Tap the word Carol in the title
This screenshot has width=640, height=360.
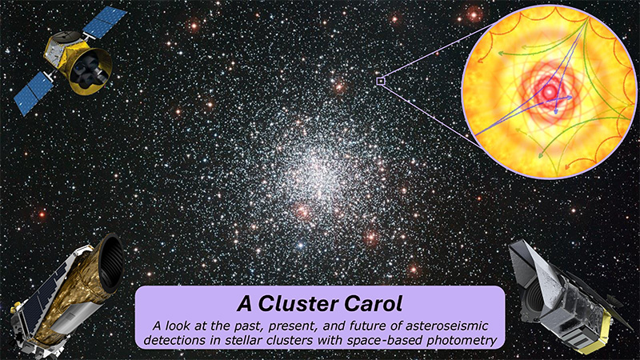[375, 305]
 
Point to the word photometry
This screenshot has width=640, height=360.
[458, 340]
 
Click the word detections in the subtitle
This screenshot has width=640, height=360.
[174, 340]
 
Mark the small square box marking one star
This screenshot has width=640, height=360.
[381, 81]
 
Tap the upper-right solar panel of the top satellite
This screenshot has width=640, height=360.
[105, 22]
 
